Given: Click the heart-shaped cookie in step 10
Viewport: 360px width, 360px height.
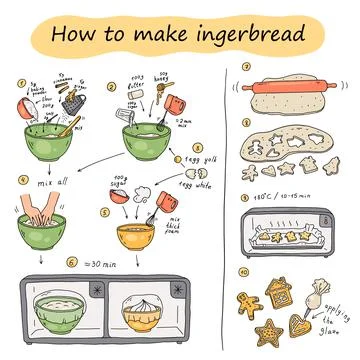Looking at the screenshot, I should [x=302, y=324].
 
